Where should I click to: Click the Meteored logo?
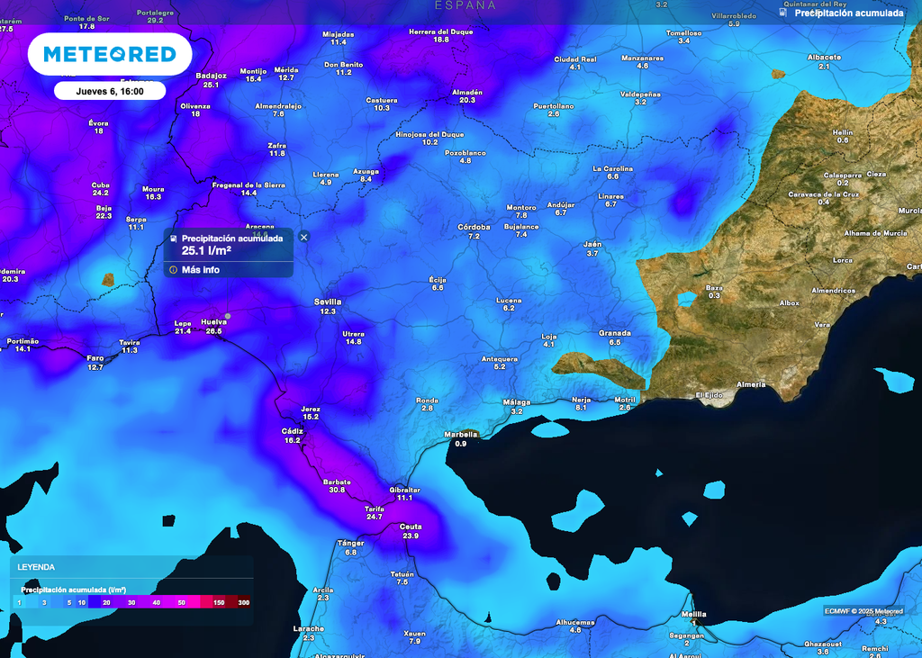click(110, 55)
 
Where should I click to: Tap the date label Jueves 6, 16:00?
click(109, 91)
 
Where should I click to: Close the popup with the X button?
click(303, 237)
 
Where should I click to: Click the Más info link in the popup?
click(200, 270)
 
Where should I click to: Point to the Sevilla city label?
click(328, 302)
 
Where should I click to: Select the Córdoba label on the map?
click(474, 227)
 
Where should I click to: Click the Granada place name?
click(615, 333)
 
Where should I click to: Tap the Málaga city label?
click(516, 401)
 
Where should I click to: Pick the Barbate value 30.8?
click(338, 490)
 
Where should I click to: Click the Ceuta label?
click(411, 527)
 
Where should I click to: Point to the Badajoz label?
click(211, 76)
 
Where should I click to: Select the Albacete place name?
click(824, 58)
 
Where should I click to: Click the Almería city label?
click(752, 384)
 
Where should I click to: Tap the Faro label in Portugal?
click(95, 358)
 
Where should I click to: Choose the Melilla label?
click(694, 615)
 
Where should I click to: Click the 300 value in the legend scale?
click(243, 602)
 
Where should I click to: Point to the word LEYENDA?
click(36, 567)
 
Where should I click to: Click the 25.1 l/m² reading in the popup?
click(208, 250)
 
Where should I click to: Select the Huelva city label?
click(213, 321)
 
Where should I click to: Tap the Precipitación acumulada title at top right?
click(849, 14)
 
